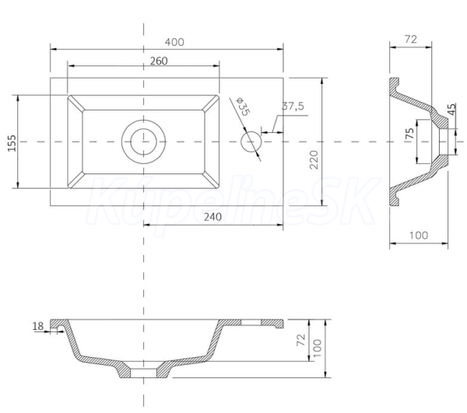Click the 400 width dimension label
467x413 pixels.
click(x=174, y=42)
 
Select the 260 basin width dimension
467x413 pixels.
click(x=159, y=61)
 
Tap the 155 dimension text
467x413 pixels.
click(x=12, y=143)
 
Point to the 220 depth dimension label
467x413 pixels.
click(x=314, y=159)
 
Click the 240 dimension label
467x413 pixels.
click(x=212, y=217)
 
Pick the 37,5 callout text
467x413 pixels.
click(x=293, y=106)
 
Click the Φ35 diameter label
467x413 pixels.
click(x=243, y=107)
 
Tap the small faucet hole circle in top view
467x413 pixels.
click(x=251, y=142)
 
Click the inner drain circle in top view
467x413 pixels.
click(x=143, y=142)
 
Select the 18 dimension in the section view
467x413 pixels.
click(x=38, y=327)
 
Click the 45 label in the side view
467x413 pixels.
click(x=451, y=109)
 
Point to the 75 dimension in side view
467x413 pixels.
click(x=410, y=133)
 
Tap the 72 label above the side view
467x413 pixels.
click(x=411, y=39)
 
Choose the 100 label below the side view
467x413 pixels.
click(x=419, y=236)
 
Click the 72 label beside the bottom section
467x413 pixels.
click(x=301, y=340)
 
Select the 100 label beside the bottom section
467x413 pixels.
click(x=318, y=348)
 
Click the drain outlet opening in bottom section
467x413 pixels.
click(x=143, y=373)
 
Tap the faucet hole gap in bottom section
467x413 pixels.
click(x=251, y=322)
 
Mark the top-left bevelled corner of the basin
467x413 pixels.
click(x=75, y=103)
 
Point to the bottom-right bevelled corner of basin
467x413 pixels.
click(x=211, y=180)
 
